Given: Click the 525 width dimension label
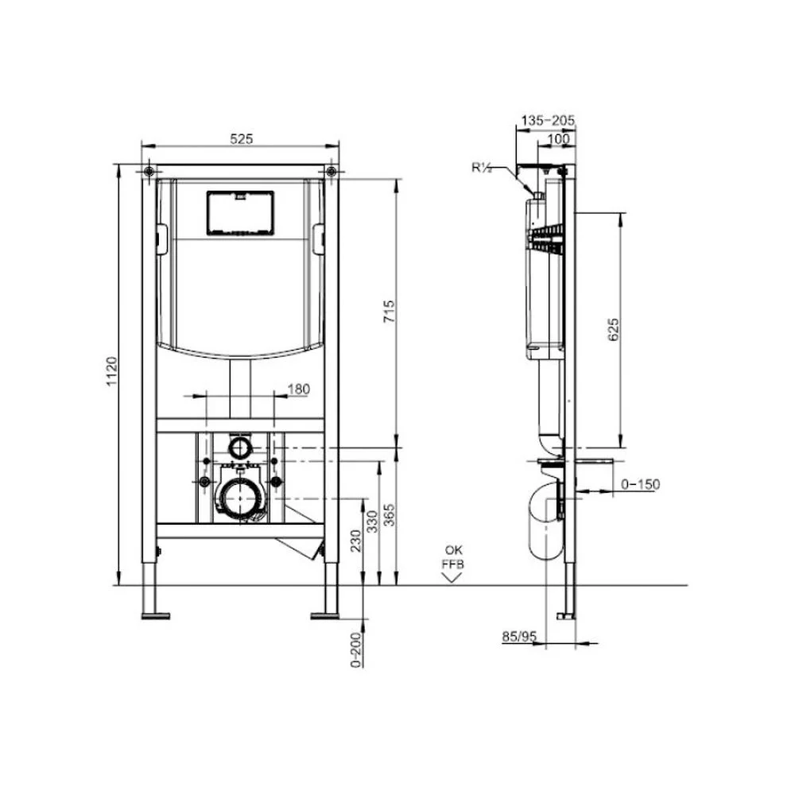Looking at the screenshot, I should coord(241,138).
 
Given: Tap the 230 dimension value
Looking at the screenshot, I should coord(356,541).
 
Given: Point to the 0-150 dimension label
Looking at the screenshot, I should coord(640,484).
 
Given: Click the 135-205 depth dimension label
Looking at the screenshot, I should coord(547,121).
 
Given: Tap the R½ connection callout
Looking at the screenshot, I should coord(482,167).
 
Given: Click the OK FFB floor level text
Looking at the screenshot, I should coord(453,556).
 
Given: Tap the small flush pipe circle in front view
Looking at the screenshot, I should coord(238,447).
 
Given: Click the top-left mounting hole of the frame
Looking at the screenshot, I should coord(149,171).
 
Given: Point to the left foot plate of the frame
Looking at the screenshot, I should coord(156,614).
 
